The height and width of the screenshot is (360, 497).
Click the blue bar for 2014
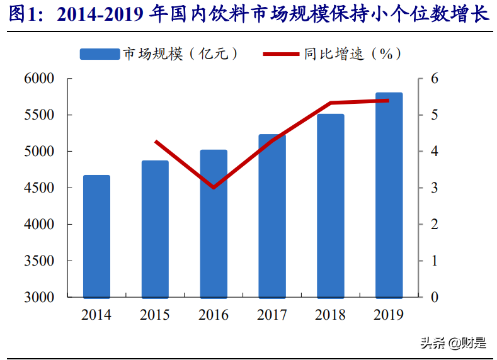coord(96,236)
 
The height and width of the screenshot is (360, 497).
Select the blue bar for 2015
coord(155,229)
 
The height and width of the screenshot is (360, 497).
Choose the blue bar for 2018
coord(331,206)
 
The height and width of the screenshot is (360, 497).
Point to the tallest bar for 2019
coord(389,195)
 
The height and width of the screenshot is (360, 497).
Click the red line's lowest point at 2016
coord(214,188)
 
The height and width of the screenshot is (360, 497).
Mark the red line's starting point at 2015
coord(156,142)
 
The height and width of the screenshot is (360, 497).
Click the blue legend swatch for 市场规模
coord(99,54)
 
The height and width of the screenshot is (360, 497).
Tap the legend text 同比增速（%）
coord(352,54)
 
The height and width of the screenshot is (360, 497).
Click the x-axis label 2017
coord(272,315)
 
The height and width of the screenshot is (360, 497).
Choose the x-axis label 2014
coord(96,315)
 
